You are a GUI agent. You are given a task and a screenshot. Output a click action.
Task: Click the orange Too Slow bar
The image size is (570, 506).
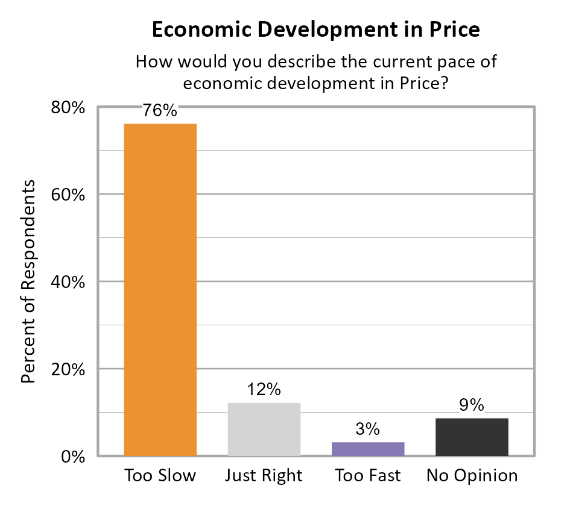click(x=160, y=289)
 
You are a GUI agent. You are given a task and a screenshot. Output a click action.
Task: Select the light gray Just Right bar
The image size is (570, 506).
click(x=264, y=429)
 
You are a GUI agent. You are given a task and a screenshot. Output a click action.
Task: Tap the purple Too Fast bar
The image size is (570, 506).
click(x=367, y=449)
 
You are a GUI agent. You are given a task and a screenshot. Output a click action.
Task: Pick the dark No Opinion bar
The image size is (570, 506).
click(x=472, y=437)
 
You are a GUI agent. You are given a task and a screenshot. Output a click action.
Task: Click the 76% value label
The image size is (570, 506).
click(x=160, y=111)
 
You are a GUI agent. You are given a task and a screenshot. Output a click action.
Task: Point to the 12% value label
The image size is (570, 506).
click(x=264, y=390)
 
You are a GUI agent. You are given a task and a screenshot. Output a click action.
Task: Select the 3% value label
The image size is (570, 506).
click(x=367, y=429)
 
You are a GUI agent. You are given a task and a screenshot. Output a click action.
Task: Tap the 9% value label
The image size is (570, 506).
click(x=472, y=405)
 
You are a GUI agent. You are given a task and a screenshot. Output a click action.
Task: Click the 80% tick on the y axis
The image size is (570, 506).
click(x=68, y=108)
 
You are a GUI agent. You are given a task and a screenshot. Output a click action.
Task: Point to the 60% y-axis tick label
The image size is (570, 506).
click(x=68, y=195)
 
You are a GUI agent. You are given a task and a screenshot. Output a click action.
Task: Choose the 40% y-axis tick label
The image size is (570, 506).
click(x=68, y=283)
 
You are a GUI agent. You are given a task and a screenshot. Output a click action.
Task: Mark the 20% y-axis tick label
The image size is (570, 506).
click(x=68, y=369)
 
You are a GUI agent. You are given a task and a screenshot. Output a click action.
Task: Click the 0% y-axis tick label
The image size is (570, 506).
click(x=72, y=457)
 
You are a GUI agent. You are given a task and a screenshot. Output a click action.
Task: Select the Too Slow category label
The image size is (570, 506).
click(x=160, y=476)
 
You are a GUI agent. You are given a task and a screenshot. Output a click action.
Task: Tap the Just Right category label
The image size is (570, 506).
click(x=264, y=476)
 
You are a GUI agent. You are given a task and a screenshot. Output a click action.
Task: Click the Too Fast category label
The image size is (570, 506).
click(x=367, y=476)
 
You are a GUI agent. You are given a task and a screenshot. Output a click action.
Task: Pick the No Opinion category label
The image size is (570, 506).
click(x=472, y=476)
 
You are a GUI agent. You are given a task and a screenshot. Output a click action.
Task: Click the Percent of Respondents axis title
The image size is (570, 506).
click(x=28, y=281)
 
